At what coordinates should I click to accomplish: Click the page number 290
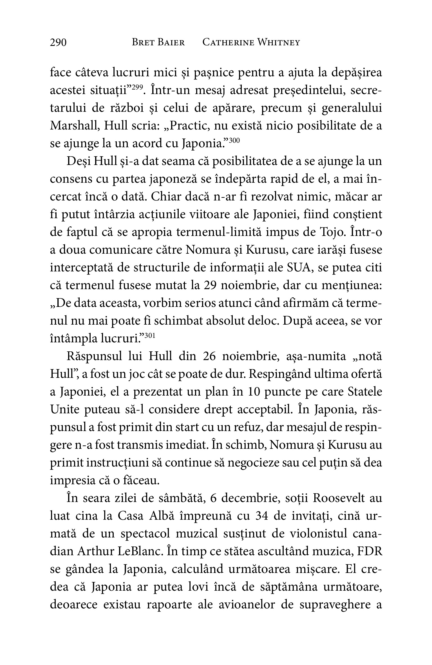point(58,43)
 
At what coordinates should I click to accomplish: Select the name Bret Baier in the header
point(158,43)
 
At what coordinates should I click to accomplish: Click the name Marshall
point(74,126)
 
